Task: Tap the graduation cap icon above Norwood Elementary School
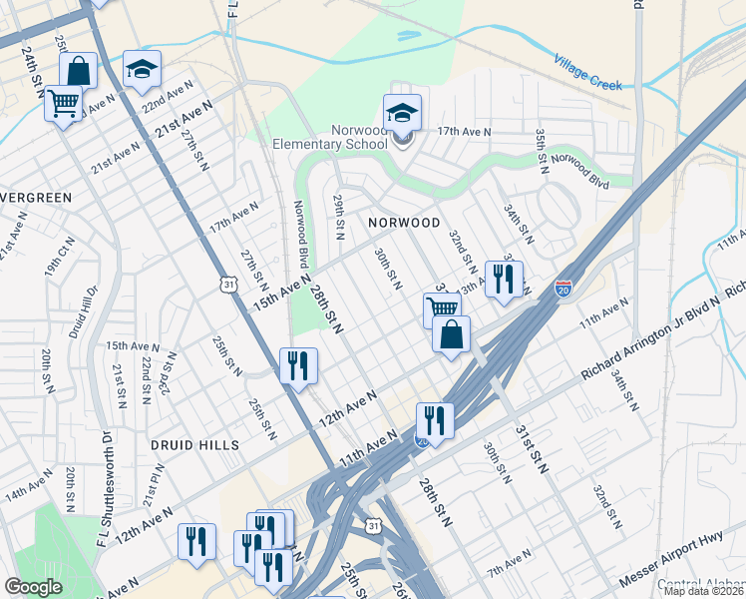coord(402,112)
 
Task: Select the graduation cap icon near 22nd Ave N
coord(142,68)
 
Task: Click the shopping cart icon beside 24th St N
coord(64,102)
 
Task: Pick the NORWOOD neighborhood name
coord(403,222)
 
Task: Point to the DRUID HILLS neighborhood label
coord(194,444)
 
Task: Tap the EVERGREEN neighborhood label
coord(36,198)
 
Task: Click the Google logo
coord(33,587)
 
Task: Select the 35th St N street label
coord(542,148)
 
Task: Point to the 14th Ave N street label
coord(28,493)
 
